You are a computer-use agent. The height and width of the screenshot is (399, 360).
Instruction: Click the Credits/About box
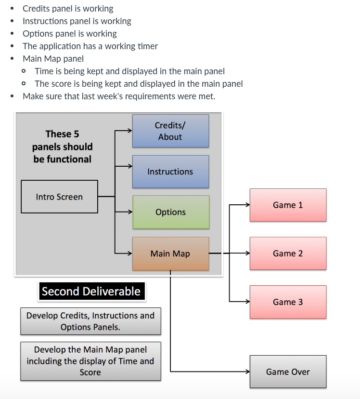coord(170,131)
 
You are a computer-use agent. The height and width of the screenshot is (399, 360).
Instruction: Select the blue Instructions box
coord(170,172)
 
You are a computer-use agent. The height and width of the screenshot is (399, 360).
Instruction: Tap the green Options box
coord(170,212)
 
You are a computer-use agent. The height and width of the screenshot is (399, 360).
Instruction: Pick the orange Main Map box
coord(170,253)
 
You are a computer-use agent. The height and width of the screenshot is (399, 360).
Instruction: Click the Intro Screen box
coord(59,197)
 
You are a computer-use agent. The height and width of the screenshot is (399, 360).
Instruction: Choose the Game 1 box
coord(288,205)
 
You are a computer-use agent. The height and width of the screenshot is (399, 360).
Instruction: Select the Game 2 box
coord(288,253)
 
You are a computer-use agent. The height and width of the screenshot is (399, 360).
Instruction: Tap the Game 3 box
coord(288,302)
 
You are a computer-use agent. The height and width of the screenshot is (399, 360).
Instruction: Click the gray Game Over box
coord(288,372)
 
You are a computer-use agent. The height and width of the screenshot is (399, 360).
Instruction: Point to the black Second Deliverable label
coord(91,292)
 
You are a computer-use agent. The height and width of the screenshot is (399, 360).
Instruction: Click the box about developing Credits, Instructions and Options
coord(90,321)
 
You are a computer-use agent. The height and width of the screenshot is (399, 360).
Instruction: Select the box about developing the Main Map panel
coord(90,361)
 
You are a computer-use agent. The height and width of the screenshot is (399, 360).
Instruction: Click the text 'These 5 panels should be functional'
coord(63,146)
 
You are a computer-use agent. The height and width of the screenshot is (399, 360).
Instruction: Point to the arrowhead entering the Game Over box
coord(247,372)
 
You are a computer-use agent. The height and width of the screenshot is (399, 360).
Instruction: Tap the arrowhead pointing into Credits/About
coord(129,131)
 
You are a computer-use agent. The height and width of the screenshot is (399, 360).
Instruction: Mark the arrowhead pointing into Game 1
coord(247,205)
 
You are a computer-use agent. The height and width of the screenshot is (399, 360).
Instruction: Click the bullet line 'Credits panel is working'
coord(68,9)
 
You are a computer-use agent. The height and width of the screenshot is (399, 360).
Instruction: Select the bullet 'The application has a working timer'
coord(90,46)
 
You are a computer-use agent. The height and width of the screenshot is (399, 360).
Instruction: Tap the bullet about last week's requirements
coord(119,96)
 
